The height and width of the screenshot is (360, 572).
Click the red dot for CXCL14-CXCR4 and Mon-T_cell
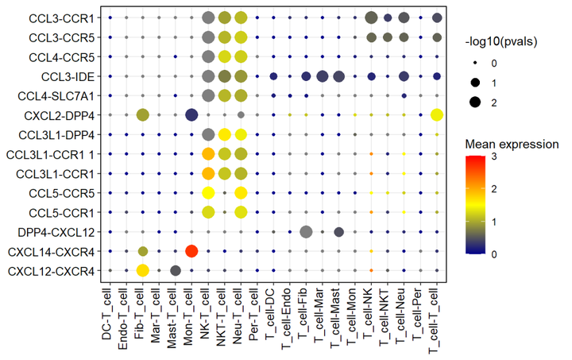point(191,251)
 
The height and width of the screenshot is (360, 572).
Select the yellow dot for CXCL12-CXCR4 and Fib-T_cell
point(143,271)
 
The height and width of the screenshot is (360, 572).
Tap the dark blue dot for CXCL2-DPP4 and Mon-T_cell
point(191,115)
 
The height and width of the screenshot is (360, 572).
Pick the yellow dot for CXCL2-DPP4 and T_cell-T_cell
point(436,115)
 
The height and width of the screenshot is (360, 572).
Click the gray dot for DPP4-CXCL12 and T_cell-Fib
point(306,232)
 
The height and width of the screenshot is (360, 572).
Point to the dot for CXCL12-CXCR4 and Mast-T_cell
point(176,271)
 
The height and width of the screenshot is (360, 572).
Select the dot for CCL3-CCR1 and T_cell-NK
point(371,17)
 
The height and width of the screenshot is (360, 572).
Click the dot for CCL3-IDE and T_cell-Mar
point(322,76)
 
